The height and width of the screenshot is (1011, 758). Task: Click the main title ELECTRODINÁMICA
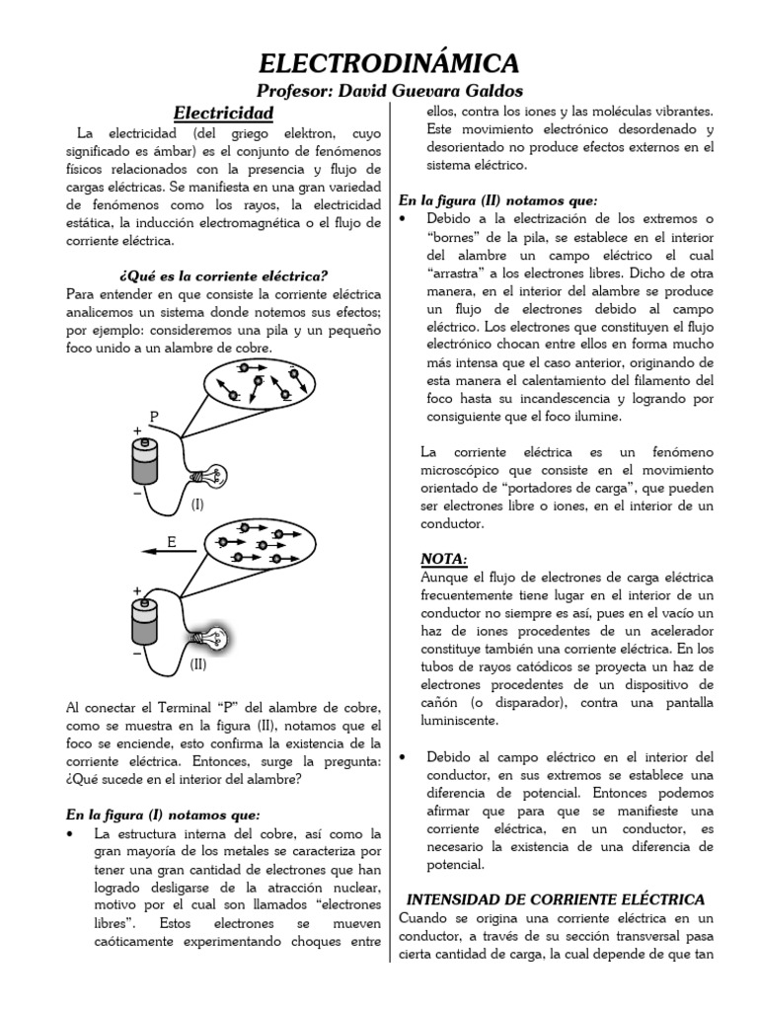(388, 64)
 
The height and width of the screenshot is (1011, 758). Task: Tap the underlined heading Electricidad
(223, 113)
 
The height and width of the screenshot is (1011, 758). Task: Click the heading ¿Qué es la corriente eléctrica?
(222, 273)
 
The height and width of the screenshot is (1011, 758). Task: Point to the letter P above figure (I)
(154, 416)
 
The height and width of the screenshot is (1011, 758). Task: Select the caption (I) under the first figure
(197, 504)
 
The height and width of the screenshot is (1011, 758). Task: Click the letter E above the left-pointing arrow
(171, 542)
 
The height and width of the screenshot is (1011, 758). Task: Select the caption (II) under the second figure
(198, 665)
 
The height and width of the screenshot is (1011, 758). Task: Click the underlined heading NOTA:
(437, 560)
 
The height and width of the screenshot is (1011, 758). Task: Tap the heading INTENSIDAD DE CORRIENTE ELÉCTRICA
(556, 899)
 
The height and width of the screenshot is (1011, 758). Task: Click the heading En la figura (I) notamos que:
(163, 815)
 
